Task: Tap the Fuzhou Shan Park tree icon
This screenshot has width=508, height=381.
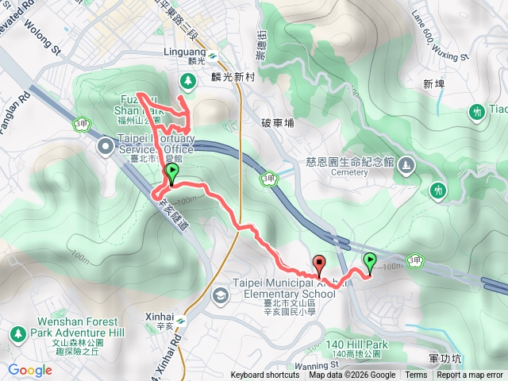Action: pos(188,79)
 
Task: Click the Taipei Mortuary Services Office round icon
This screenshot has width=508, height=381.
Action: pos(105,147)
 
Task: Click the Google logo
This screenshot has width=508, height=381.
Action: pos(29,369)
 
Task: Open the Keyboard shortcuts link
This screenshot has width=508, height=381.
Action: pos(265,375)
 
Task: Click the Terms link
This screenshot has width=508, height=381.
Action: pos(416,375)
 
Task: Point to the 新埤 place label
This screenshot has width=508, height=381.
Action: pos(434,83)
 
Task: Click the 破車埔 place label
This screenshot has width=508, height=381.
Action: pos(277,123)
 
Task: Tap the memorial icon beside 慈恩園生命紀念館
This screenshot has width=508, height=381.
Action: pos(406,165)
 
